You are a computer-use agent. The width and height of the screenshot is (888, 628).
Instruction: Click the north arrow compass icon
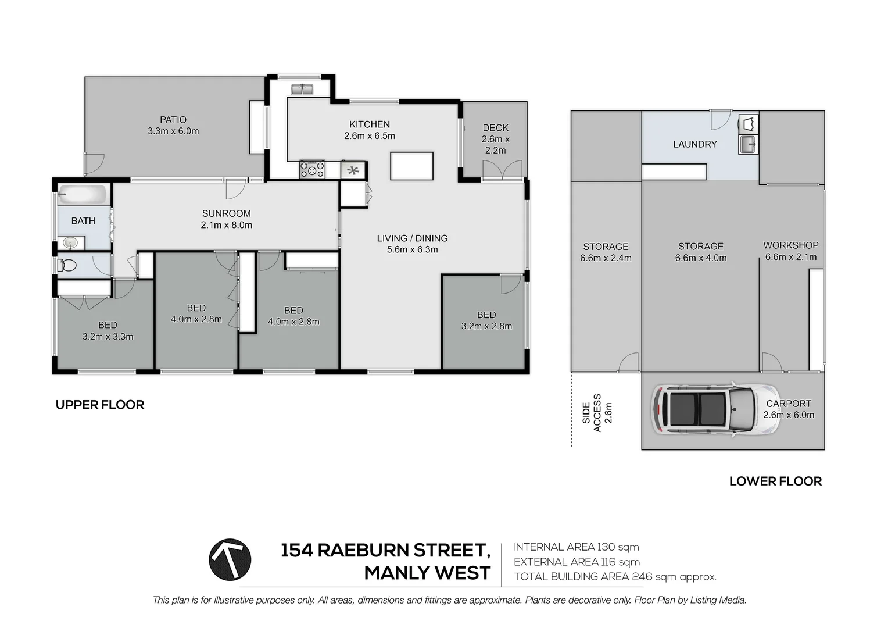[x=230, y=560]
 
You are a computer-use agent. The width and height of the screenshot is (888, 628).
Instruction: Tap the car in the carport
[x=715, y=409]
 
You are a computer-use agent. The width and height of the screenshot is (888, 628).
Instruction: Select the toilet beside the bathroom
[x=67, y=266]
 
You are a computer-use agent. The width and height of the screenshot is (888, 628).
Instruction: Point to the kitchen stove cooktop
[x=312, y=169]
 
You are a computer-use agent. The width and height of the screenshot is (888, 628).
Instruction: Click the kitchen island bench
[x=411, y=166]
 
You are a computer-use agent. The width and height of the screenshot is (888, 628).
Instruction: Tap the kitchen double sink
[x=302, y=90]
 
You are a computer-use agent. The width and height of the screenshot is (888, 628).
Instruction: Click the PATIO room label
[x=173, y=120]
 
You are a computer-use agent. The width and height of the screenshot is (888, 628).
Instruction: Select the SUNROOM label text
[x=226, y=213]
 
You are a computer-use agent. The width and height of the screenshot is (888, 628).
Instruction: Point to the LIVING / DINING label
[x=412, y=238]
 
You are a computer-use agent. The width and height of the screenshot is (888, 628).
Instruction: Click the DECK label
[x=495, y=128]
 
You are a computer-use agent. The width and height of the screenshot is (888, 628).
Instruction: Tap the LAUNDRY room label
[x=694, y=144]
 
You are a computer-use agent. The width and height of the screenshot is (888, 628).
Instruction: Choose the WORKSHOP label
[x=790, y=245]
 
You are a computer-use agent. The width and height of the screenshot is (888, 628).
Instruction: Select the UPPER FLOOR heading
[x=100, y=405]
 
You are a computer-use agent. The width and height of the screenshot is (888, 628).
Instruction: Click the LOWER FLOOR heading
[x=775, y=481]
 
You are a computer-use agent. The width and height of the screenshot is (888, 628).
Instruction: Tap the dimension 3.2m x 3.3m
[x=108, y=337]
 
